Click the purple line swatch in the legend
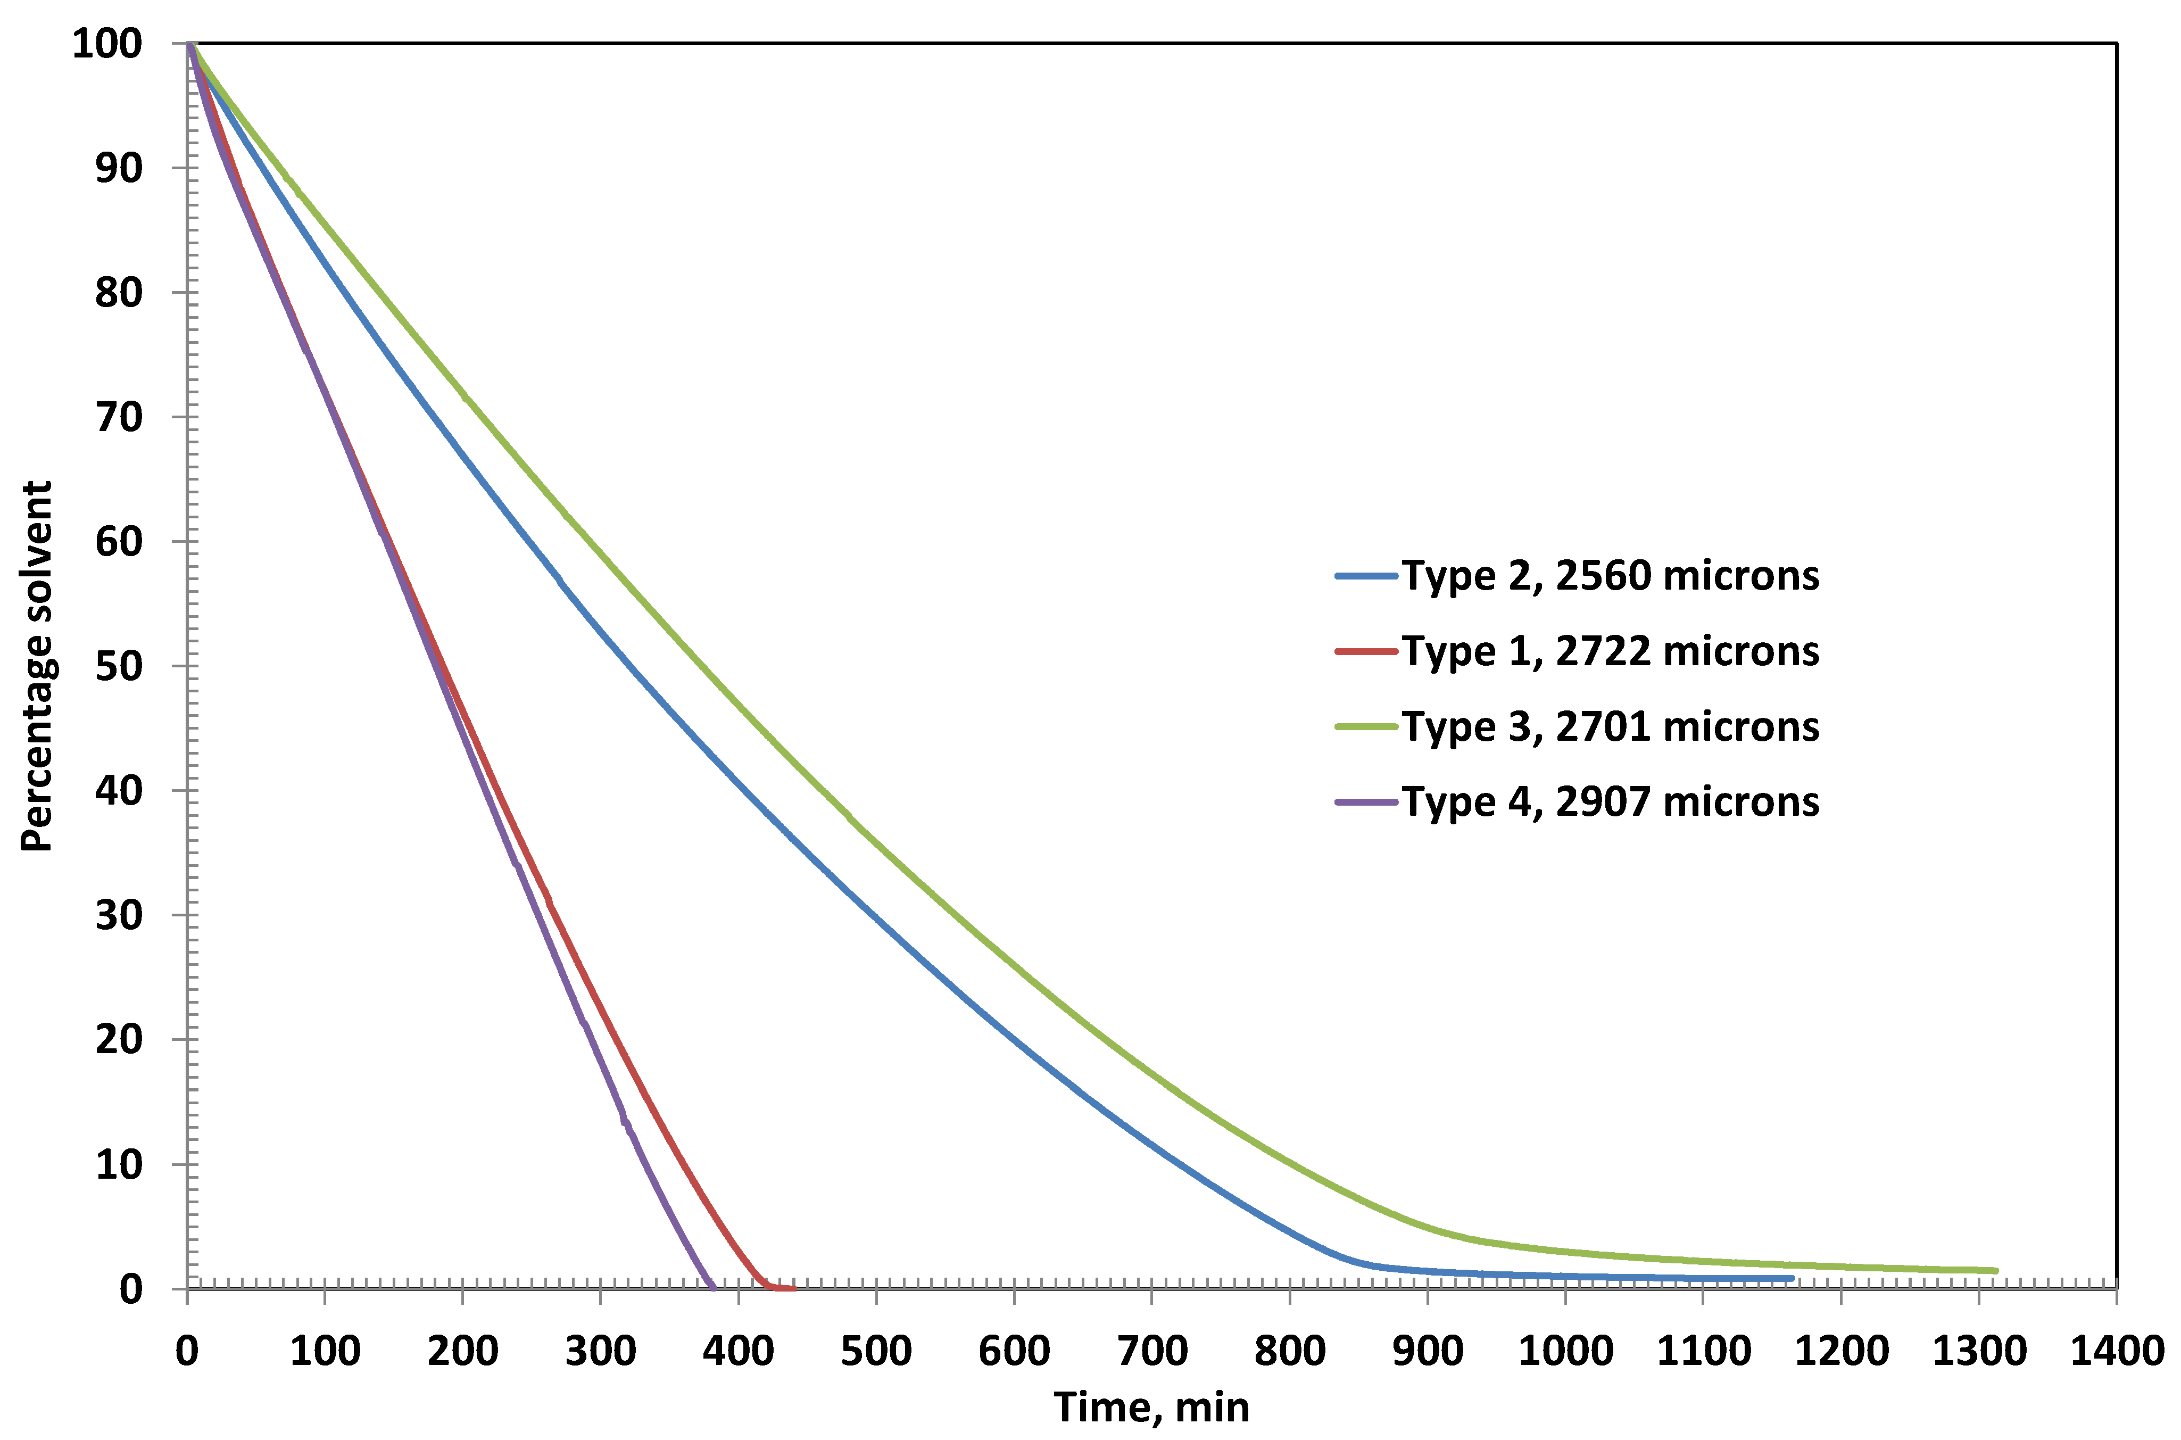1365,802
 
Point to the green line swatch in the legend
1365,726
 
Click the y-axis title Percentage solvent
37,666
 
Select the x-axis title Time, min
1151,1407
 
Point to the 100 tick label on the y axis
107,43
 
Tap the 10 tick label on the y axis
119,1164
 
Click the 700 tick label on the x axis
1151,1351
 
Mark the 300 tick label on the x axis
601,1351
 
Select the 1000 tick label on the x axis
1565,1351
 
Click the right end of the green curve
1995,1271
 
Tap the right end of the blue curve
1790,1278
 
